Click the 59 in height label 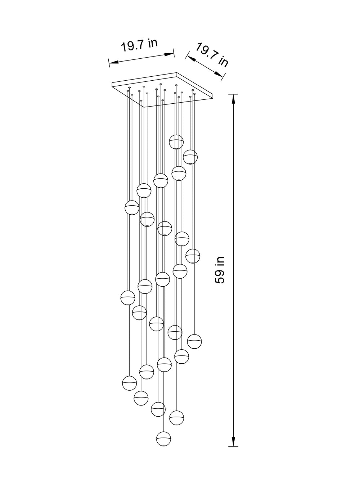click(220, 270)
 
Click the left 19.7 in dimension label click(139, 45)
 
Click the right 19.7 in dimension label click(212, 55)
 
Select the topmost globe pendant click(176, 142)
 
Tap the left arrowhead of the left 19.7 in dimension click(114, 62)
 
